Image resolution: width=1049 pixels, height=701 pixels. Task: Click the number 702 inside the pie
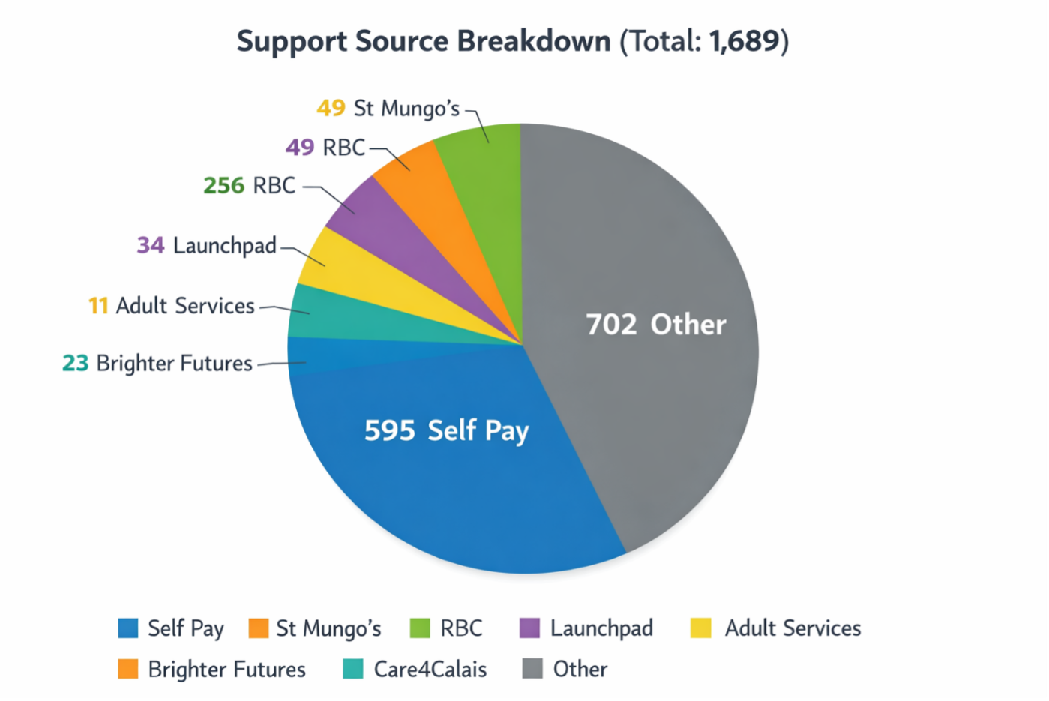611,325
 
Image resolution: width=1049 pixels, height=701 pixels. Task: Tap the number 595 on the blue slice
389,430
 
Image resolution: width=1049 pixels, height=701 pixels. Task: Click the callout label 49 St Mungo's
388,109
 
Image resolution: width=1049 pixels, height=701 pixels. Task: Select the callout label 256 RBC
250,185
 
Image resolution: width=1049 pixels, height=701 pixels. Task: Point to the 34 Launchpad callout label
207,245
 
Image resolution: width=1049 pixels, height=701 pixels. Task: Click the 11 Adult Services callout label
172,306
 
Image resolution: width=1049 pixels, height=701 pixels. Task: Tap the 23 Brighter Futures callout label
157,364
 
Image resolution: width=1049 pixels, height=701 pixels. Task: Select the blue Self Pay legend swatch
128,628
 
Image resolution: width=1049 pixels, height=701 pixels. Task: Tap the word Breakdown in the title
534,41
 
